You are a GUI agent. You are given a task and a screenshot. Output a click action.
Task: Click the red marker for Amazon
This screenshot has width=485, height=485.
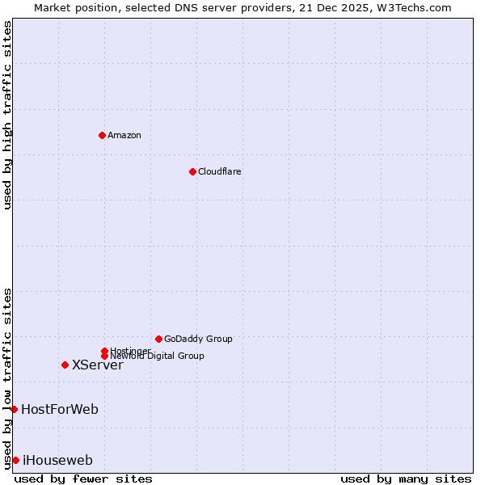point(102,135)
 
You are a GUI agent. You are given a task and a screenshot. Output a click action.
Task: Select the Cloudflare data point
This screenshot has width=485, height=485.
point(192,171)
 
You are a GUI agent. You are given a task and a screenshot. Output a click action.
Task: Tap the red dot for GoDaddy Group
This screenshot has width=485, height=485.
point(158,339)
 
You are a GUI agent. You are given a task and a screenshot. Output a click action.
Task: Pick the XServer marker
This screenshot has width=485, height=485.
point(65,365)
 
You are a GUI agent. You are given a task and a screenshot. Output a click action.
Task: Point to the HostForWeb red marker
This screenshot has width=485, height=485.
point(14,409)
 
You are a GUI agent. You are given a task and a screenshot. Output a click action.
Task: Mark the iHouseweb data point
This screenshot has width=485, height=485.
point(15,460)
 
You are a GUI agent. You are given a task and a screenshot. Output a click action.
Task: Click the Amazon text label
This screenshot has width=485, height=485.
point(124,135)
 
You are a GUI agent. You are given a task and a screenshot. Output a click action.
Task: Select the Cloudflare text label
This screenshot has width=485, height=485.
point(219,171)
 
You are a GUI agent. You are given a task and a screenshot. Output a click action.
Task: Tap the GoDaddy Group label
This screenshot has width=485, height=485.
point(198,339)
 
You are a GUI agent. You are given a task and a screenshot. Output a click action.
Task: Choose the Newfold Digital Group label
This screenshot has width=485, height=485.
point(157,356)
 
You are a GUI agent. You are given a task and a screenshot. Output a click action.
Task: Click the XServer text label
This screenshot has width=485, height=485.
point(97,365)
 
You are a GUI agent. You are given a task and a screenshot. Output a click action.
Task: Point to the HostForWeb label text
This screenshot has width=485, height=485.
point(60,409)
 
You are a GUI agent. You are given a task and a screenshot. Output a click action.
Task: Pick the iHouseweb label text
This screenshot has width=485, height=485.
point(57,460)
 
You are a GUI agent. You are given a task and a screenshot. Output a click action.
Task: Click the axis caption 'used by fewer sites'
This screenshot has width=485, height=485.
point(83,479)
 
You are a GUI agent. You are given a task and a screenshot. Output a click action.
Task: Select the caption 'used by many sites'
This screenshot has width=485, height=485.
point(406,479)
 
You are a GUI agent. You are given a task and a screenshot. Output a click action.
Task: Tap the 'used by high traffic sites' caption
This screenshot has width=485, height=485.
point(7,115)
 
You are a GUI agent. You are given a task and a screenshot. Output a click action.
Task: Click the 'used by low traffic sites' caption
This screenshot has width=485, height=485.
point(7,377)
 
